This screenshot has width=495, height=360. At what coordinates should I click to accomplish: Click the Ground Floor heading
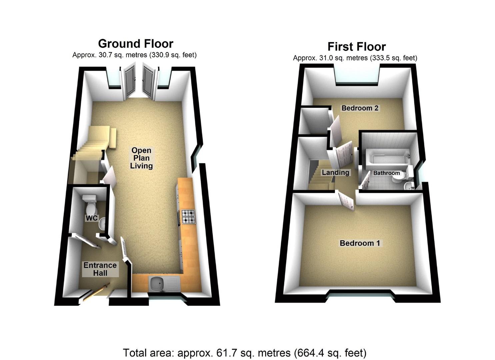tap(136, 44)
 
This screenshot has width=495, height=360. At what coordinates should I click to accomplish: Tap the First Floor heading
tap(356, 46)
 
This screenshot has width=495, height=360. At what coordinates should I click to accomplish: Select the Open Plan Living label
tap(141, 158)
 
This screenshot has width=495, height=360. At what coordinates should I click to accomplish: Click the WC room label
tap(92, 218)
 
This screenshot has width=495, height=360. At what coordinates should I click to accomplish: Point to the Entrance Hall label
tap(100, 269)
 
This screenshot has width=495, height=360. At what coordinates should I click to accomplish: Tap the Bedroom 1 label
tap(360, 243)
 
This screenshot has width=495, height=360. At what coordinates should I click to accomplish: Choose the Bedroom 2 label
tap(360, 108)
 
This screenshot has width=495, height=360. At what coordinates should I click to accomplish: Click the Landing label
tap(335, 172)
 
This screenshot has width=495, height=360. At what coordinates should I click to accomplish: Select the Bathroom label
tap(386, 173)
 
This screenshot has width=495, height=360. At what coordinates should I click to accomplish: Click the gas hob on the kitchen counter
tap(188, 217)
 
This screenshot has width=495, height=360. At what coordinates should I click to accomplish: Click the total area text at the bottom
tap(245, 352)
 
